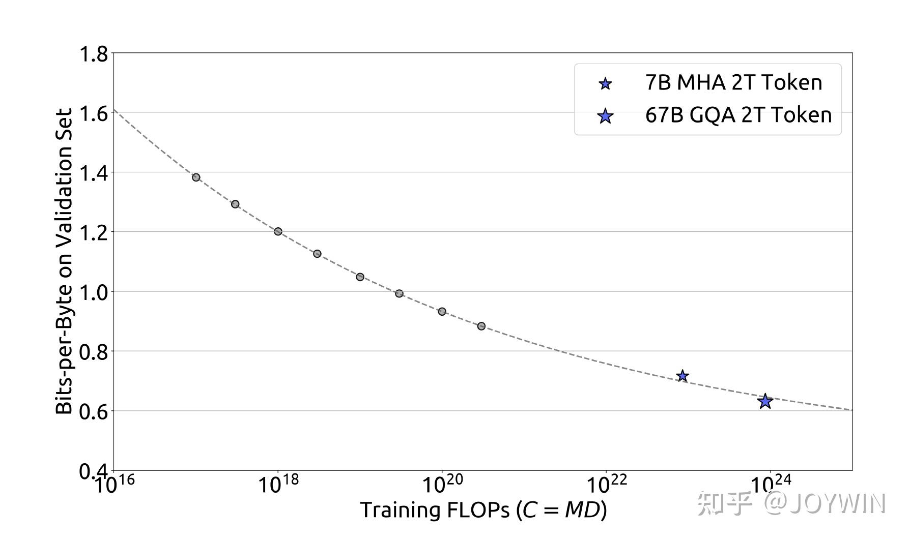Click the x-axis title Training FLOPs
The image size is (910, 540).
click(x=484, y=510)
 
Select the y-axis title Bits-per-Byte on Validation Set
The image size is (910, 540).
click(x=64, y=262)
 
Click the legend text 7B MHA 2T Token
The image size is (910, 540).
click(x=733, y=83)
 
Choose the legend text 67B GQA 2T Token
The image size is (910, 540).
click(x=738, y=115)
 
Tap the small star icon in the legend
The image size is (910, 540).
click(x=605, y=84)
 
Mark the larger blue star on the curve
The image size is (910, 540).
click(x=765, y=401)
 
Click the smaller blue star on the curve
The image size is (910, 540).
click(x=682, y=376)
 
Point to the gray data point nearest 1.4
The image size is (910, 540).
click(x=196, y=177)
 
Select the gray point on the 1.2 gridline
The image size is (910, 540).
click(x=278, y=231)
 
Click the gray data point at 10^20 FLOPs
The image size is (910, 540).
click(x=442, y=311)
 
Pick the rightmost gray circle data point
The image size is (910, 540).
click(x=481, y=326)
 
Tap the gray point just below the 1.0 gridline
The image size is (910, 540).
click(x=399, y=293)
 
